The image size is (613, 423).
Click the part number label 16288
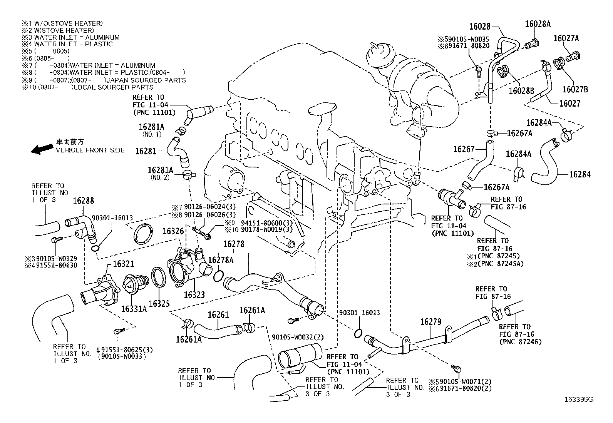(x=84, y=201)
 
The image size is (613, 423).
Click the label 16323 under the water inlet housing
(x=194, y=295)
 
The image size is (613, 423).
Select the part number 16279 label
(x=430, y=322)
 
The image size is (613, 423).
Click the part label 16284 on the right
(x=580, y=174)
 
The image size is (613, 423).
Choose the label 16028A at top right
(x=538, y=24)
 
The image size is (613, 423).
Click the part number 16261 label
(x=218, y=315)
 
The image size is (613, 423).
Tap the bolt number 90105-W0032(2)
(x=293, y=337)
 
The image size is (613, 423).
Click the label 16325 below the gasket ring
(x=159, y=303)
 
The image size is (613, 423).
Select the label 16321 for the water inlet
(x=123, y=264)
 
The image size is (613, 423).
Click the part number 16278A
(x=221, y=260)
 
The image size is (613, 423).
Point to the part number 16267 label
(x=464, y=149)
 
